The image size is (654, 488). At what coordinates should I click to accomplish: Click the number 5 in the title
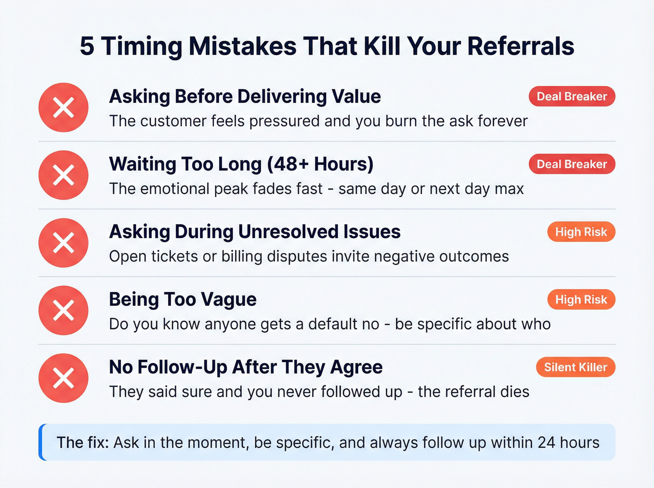pyautogui.click(x=87, y=46)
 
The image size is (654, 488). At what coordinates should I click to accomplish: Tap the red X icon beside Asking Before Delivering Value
pyautogui.click(x=64, y=107)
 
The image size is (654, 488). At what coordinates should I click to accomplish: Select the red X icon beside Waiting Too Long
pyautogui.click(x=64, y=175)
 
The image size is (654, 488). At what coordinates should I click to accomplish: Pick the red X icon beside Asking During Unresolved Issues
pyautogui.click(x=64, y=243)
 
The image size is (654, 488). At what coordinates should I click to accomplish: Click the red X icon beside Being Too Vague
pyautogui.click(x=64, y=311)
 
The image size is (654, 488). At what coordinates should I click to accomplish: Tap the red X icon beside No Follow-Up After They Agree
pyautogui.click(x=64, y=378)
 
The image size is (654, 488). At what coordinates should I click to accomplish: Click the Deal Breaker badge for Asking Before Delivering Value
pyautogui.click(x=572, y=97)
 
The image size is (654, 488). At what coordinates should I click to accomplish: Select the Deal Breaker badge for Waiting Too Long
pyautogui.click(x=572, y=164)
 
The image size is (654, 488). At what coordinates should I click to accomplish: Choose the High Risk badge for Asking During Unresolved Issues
pyautogui.click(x=581, y=232)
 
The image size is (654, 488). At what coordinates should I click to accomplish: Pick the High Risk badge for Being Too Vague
pyautogui.click(x=581, y=300)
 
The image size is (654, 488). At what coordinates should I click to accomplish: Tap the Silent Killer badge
pyautogui.click(x=576, y=368)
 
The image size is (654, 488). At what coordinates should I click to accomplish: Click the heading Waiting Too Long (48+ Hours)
pyautogui.click(x=241, y=164)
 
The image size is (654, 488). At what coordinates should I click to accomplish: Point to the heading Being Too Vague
pyautogui.click(x=183, y=300)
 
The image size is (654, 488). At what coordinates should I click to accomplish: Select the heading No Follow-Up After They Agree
pyautogui.click(x=246, y=368)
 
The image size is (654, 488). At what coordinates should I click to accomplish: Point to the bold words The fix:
pyautogui.click(x=83, y=443)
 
